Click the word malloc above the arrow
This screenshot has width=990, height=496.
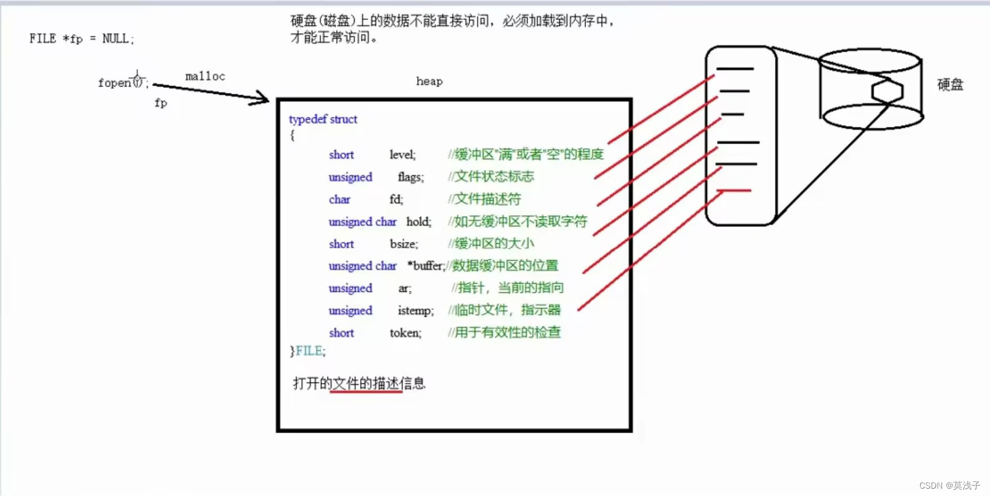pos(205,77)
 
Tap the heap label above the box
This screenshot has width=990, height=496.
pos(429,82)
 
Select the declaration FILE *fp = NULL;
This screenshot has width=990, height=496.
pos(82,39)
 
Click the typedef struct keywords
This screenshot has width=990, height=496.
pos(323,120)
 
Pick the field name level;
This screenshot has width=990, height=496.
pos(402,155)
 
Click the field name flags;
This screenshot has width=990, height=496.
pos(410,177)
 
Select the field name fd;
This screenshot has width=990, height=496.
pos(396,199)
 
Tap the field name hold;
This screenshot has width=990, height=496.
pos(418,221)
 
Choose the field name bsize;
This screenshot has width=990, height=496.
pos(404,244)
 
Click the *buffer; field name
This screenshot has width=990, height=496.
pos(426,266)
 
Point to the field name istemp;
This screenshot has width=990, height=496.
pos(416,310)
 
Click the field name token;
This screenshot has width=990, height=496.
pos(405,332)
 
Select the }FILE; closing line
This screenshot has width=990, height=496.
pos(307,351)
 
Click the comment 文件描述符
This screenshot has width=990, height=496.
pos(488,199)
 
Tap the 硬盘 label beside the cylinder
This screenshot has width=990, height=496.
pos(950,85)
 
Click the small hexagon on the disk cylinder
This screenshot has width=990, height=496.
pos(888,91)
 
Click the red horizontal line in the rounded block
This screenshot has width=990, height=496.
pos(734,190)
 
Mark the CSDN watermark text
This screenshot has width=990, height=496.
pos(950,486)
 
